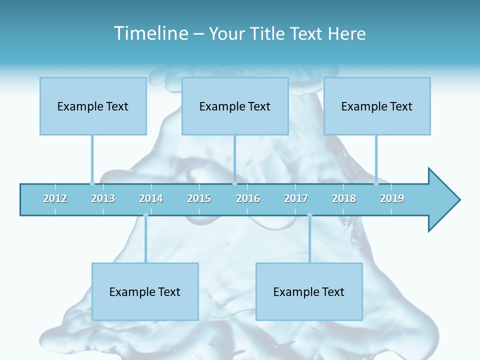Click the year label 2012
55,198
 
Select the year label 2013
103,198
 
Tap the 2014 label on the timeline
151,198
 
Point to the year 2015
199,198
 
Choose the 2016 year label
248,198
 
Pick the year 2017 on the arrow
296,198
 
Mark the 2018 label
344,198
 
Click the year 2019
392,198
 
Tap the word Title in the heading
268,33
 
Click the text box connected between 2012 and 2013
93,106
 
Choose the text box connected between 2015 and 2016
235,106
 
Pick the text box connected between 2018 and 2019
377,106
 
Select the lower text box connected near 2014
145,291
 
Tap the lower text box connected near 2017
309,291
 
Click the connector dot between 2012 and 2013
92,183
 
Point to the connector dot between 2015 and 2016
234,183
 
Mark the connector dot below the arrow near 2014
145,215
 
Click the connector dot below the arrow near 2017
309,215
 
